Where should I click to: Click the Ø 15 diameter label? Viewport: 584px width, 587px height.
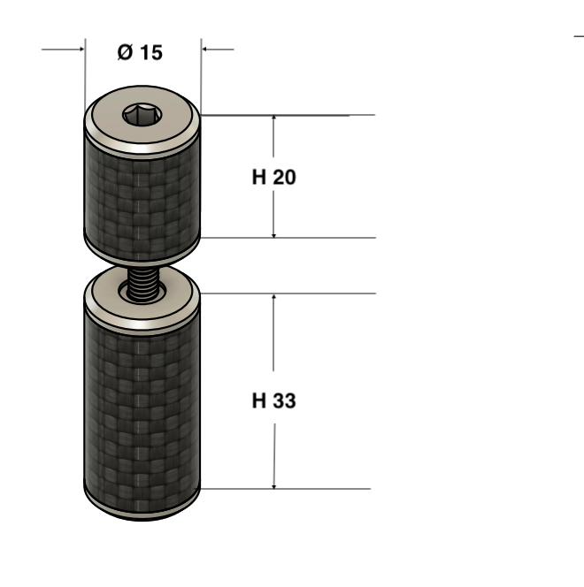pos(140,52)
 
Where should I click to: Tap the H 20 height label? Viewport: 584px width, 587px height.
pos(273,177)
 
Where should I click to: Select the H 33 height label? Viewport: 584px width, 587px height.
pos(273,400)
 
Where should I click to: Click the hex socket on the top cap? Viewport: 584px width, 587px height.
pos(142,115)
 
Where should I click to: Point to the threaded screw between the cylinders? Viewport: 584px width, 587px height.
pos(142,284)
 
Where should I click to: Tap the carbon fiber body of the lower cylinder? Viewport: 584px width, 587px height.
pos(142,415)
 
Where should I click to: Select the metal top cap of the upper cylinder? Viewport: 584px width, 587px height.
pos(142,120)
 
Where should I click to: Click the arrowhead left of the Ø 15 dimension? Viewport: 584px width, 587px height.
pos(81,49)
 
